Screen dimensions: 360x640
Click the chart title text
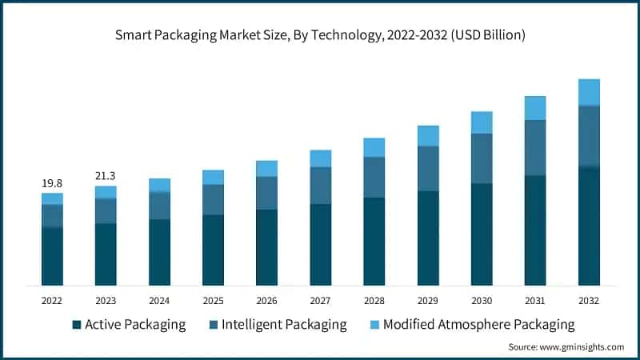point(319,34)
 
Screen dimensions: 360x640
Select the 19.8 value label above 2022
point(52,183)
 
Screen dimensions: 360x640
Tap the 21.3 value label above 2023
point(106,176)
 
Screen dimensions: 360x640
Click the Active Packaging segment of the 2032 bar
point(589,226)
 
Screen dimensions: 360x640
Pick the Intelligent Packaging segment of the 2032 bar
point(589,136)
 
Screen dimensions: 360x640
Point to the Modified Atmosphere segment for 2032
point(589,92)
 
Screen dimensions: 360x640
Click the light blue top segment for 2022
point(52,198)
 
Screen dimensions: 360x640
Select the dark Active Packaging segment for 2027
point(320,244)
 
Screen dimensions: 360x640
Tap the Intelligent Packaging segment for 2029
point(428,168)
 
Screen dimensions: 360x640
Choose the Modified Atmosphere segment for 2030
point(482,122)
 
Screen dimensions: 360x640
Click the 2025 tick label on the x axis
point(213,300)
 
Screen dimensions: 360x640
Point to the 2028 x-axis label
point(374,300)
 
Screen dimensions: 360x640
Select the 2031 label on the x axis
point(535,300)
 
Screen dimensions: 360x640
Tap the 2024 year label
point(159,300)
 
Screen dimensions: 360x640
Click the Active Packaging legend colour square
point(77,325)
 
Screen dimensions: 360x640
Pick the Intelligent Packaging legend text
point(284,325)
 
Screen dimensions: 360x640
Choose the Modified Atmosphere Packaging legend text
point(478,325)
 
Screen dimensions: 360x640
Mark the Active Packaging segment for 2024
point(159,252)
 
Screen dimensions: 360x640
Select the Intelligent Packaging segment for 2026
point(266,193)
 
